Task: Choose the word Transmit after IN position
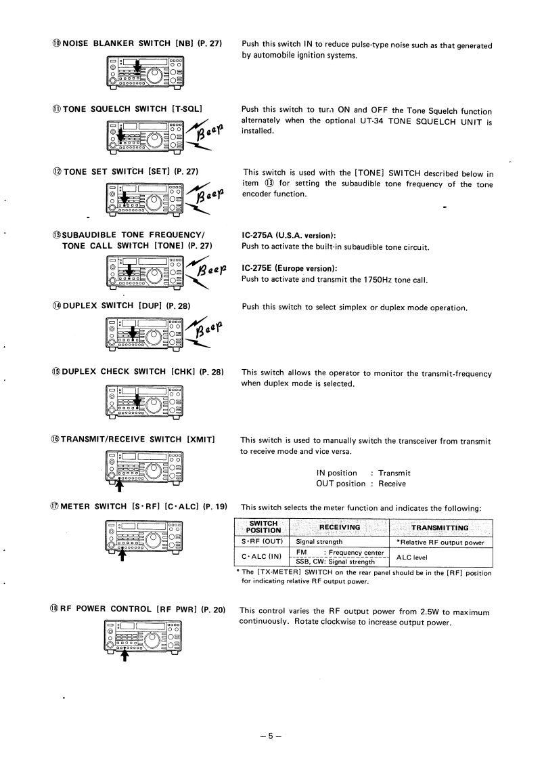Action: click(394, 473)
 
